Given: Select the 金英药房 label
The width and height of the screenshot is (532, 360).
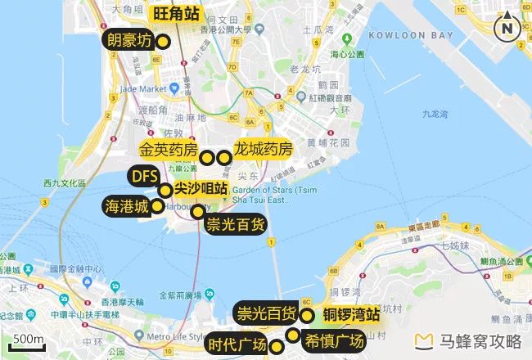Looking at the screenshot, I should [169, 151].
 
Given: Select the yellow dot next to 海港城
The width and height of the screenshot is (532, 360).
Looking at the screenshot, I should [157, 205].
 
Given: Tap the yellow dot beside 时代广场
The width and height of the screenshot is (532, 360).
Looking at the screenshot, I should [277, 347].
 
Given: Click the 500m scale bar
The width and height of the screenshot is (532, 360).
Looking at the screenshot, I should [28, 340].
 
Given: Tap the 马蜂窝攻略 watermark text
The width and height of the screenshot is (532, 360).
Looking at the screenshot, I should [480, 341].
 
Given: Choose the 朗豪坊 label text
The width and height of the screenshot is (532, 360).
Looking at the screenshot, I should [128, 40].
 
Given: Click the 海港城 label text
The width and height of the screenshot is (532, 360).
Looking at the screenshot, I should [126, 206].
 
